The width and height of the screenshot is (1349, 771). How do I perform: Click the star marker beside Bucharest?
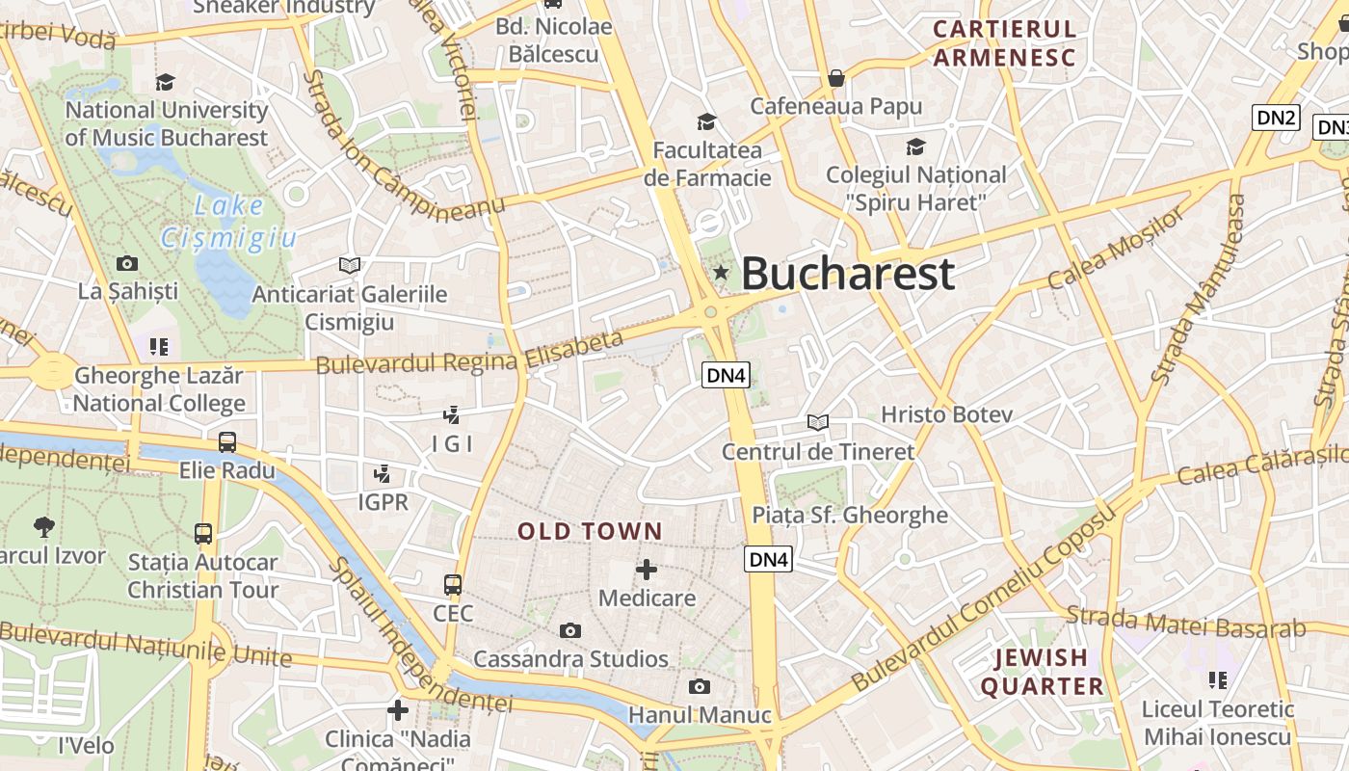[x=721, y=274]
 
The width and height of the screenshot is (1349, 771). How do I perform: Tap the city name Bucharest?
[x=848, y=274]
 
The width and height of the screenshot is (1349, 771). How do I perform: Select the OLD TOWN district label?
[x=590, y=531]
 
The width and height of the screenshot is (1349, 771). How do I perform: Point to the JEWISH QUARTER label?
[x=1042, y=672]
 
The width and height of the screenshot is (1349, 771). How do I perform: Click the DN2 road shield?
[x=1276, y=118]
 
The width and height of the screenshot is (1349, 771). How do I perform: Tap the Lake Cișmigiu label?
[x=228, y=222]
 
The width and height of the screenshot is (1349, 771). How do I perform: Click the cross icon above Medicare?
[x=646, y=570]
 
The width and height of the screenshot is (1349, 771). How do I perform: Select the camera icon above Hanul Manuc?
[x=700, y=686]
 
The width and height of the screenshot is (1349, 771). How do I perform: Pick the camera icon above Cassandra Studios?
[x=570, y=630]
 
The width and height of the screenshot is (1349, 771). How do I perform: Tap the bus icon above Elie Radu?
[x=227, y=442]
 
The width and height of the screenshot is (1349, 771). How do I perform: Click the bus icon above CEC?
[x=453, y=584]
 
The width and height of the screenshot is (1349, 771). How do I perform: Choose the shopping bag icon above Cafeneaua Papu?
[x=836, y=78]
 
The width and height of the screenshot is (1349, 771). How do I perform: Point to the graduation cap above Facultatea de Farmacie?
[x=707, y=121]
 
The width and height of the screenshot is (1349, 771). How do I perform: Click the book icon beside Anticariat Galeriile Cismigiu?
[x=349, y=265]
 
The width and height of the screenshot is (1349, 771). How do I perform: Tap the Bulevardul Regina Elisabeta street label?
[x=470, y=353]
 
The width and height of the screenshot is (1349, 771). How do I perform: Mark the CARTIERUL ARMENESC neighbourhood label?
[x=1004, y=43]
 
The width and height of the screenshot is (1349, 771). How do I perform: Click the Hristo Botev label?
[x=947, y=414]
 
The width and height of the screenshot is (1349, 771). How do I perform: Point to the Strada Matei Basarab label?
[x=1186, y=622]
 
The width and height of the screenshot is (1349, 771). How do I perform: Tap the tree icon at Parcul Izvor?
[x=43, y=526]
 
